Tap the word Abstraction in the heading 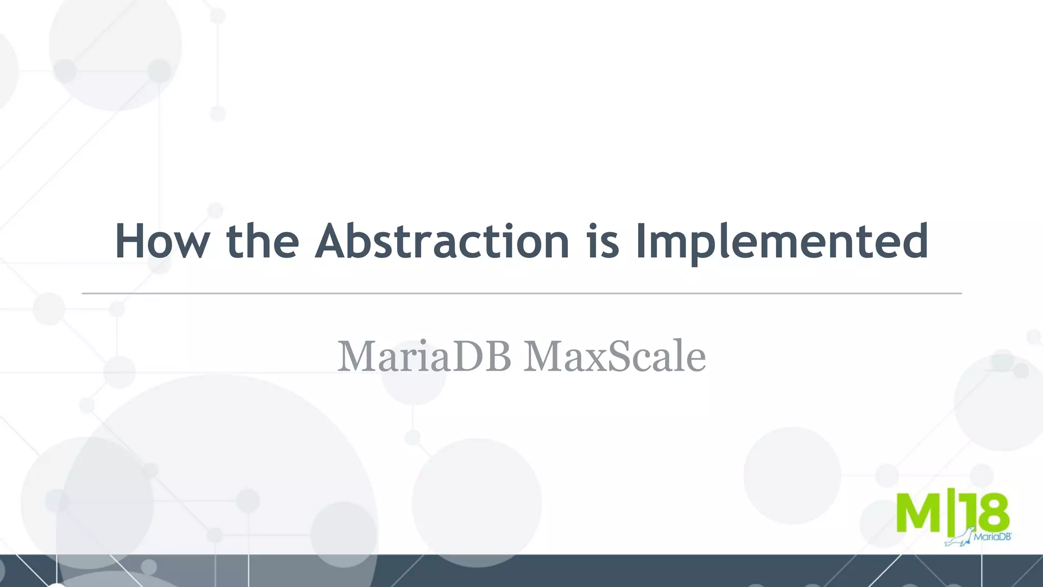coord(442,241)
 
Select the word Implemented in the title coord(781,241)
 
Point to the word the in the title coord(262,241)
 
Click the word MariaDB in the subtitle coord(424,356)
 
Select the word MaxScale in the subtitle coord(614,356)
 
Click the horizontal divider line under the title coord(521,294)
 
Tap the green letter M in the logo coord(918,512)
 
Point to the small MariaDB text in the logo coord(992,537)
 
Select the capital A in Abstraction coord(334,241)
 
